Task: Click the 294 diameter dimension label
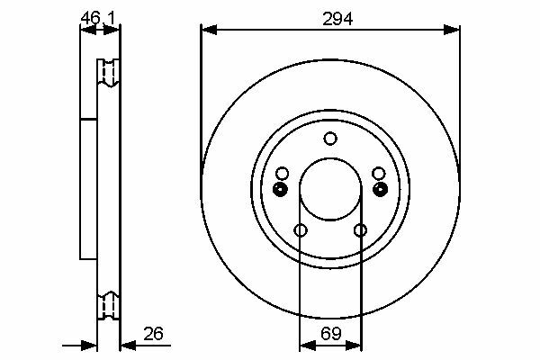coord(337,19)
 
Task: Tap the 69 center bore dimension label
coord(331,334)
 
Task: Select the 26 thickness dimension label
coord(153,334)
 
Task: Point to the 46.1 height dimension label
coord(98,18)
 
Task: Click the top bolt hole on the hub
coord(330,139)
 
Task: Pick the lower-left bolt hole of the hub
coord(301,230)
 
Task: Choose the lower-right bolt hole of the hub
coord(360,230)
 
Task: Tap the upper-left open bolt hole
coord(283,174)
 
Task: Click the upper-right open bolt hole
coord(379,174)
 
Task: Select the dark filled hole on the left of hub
coord(280,189)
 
